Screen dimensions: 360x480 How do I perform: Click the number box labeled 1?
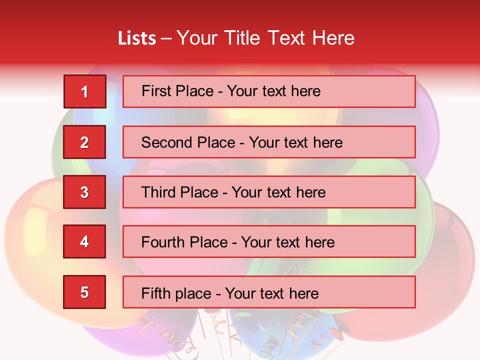(84, 91)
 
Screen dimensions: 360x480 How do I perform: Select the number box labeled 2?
(84, 142)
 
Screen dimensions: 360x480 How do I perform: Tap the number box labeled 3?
(84, 192)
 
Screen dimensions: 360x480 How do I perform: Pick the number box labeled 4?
(84, 242)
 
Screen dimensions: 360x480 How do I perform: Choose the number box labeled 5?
(84, 292)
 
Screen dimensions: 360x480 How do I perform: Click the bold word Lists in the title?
(136, 38)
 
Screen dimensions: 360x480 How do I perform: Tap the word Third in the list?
(159, 192)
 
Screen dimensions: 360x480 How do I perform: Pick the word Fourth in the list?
(163, 242)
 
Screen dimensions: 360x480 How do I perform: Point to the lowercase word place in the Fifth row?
(192, 293)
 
